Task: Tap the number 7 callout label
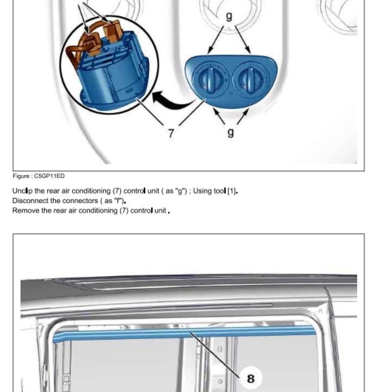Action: pyautogui.click(x=171, y=133)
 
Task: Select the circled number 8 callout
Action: pyautogui.click(x=251, y=378)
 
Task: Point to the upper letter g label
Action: pyautogui.click(x=229, y=16)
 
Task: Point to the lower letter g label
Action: pyautogui.click(x=231, y=132)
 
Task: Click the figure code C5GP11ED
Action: pyautogui.click(x=49, y=176)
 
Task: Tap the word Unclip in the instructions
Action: pyautogui.click(x=23, y=191)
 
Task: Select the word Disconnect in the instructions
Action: pyautogui.click(x=30, y=201)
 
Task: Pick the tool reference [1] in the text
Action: pyautogui.click(x=232, y=191)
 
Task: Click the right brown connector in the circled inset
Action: pyautogui.click(x=113, y=31)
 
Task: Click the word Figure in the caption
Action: pyautogui.click(x=21, y=176)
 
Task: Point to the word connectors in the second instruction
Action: pyautogui.click(x=82, y=201)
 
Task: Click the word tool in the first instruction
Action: pyautogui.click(x=220, y=191)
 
